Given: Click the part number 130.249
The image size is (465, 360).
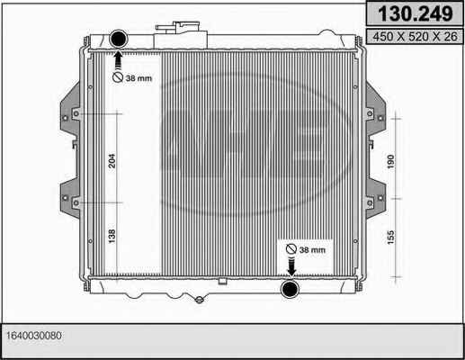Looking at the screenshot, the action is tap(415, 13).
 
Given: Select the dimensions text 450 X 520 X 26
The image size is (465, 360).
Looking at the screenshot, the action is tap(415, 37).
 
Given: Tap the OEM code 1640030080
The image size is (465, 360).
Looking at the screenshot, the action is tap(34, 336).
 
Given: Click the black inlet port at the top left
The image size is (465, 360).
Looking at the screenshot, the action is tap(119, 39).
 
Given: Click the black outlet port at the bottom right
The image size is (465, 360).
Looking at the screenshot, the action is tap(290, 288).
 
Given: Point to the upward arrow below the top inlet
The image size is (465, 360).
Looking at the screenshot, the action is tap(118, 60).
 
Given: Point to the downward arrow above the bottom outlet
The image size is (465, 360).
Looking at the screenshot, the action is tap(291, 266).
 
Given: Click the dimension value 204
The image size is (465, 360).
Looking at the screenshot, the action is tap(112, 161).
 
